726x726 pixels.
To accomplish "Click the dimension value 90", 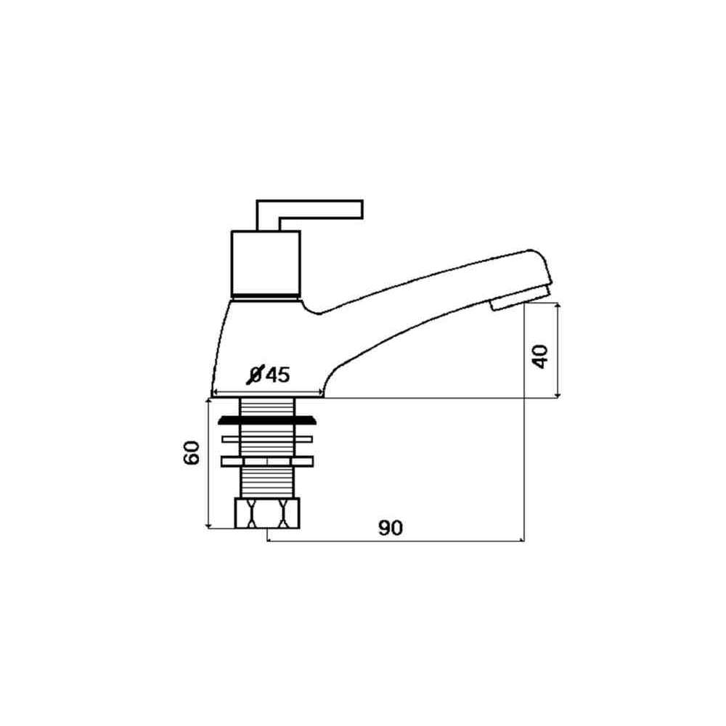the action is (x=391, y=528).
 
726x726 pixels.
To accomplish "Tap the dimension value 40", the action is (x=540, y=356).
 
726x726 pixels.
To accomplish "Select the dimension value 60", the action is (x=191, y=453).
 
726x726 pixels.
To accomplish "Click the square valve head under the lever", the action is (x=266, y=263).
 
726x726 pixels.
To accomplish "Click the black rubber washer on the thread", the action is (x=268, y=420).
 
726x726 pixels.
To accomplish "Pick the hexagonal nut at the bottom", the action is (x=268, y=513).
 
